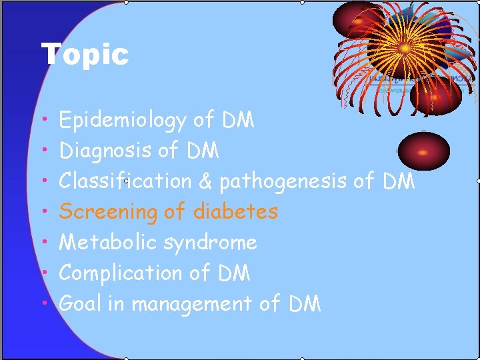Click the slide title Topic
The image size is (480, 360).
point(85,54)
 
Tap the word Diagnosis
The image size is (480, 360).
point(105,151)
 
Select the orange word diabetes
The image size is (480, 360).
point(235,212)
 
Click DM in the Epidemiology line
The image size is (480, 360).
point(237,121)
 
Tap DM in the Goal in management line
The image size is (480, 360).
point(304,304)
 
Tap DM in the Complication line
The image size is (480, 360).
point(233,273)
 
